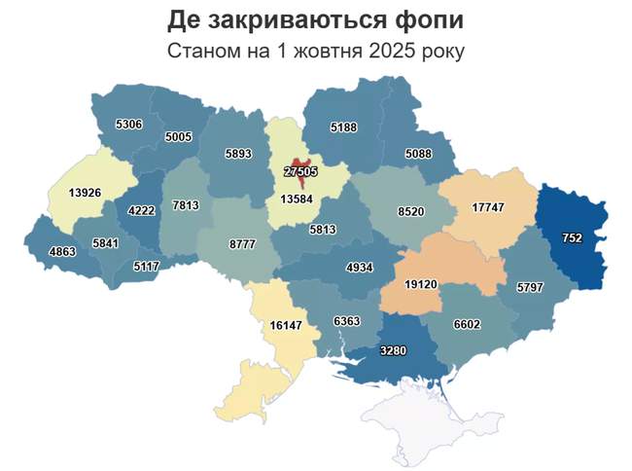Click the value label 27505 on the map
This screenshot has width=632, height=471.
pyautogui.click(x=300, y=171)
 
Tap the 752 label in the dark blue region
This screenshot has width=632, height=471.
pyautogui.click(x=572, y=237)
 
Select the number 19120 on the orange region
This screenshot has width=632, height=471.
pyautogui.click(x=425, y=285)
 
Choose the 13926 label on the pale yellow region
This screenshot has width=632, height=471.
pyautogui.click(x=86, y=193)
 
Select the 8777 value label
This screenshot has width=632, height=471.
pyautogui.click(x=242, y=244)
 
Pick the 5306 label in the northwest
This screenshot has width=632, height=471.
pyautogui.click(x=128, y=125)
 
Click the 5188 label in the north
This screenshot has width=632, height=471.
pyautogui.click(x=344, y=127)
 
